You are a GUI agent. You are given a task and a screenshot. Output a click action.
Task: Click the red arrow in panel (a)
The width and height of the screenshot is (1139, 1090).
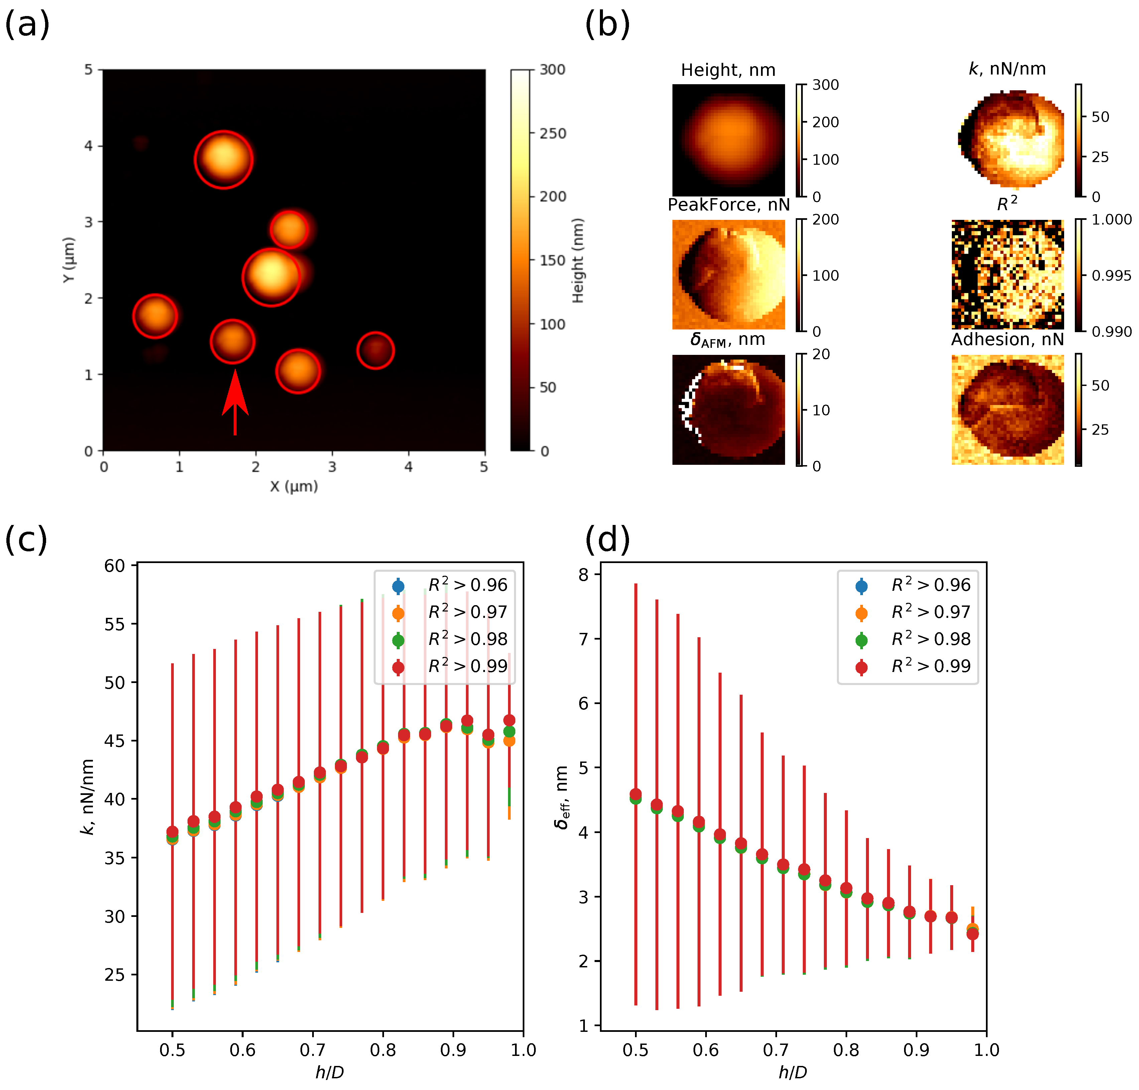[235, 401]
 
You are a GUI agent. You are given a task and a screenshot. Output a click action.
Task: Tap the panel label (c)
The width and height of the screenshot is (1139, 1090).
[26, 539]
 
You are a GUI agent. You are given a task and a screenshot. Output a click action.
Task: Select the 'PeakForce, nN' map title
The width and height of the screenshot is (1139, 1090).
[728, 205]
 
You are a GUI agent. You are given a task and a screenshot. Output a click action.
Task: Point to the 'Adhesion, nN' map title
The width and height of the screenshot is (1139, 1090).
[1007, 340]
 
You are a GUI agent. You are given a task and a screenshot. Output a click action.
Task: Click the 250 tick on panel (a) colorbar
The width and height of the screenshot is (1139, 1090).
[552, 134]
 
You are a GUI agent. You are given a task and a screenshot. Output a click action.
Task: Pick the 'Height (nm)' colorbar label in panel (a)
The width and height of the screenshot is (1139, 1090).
[577, 260]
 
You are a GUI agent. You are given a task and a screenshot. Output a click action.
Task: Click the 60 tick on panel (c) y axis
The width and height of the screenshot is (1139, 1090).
[115, 566]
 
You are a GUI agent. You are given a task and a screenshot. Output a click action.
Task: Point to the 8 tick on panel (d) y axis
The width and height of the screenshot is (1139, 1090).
[584, 575]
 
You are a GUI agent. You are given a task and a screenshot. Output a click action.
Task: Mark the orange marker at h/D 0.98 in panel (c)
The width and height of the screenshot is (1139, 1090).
[509, 741]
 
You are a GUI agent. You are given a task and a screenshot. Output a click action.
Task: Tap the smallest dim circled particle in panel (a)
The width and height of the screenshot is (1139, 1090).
[375, 350]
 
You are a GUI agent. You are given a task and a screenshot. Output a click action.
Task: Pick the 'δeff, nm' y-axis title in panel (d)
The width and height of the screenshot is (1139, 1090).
[562, 797]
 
